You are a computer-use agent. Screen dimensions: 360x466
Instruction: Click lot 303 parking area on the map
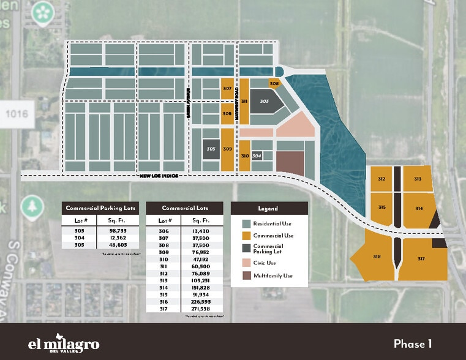pos(265,102)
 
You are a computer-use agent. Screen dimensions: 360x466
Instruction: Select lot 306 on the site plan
pos(274,84)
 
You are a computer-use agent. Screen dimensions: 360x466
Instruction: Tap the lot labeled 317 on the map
pos(421,259)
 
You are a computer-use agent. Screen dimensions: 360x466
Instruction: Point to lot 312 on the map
pos(381,179)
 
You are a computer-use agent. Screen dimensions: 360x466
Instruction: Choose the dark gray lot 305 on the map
pos(211,149)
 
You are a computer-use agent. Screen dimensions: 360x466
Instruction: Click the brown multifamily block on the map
pos(290,162)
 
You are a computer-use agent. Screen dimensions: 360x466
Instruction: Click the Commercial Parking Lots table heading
pos(101,208)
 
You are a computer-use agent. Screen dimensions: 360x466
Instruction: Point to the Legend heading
pos(268,208)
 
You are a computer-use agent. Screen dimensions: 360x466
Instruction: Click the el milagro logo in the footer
pos(64,342)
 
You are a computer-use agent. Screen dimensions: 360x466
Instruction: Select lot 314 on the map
pos(419,208)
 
